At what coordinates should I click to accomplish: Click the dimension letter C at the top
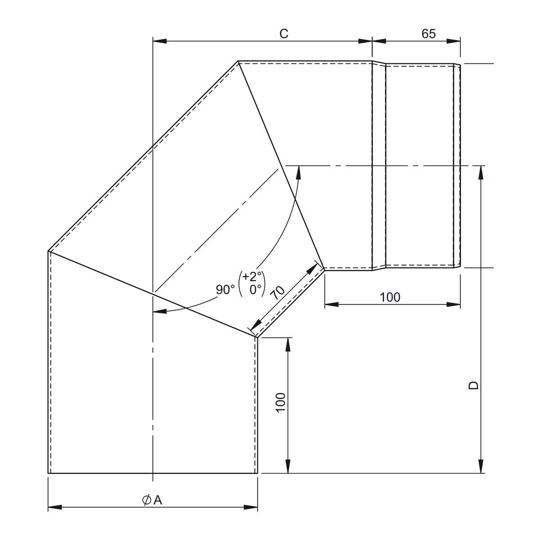coord(283,34)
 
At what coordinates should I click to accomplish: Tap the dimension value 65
coord(428,34)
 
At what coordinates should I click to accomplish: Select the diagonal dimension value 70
coord(278,293)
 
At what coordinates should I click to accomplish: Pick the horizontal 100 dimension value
coord(390,297)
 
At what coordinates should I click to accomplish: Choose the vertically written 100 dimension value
coord(280,402)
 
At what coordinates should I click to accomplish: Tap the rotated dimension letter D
coord(473,386)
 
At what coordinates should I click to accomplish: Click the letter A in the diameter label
coord(158,500)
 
